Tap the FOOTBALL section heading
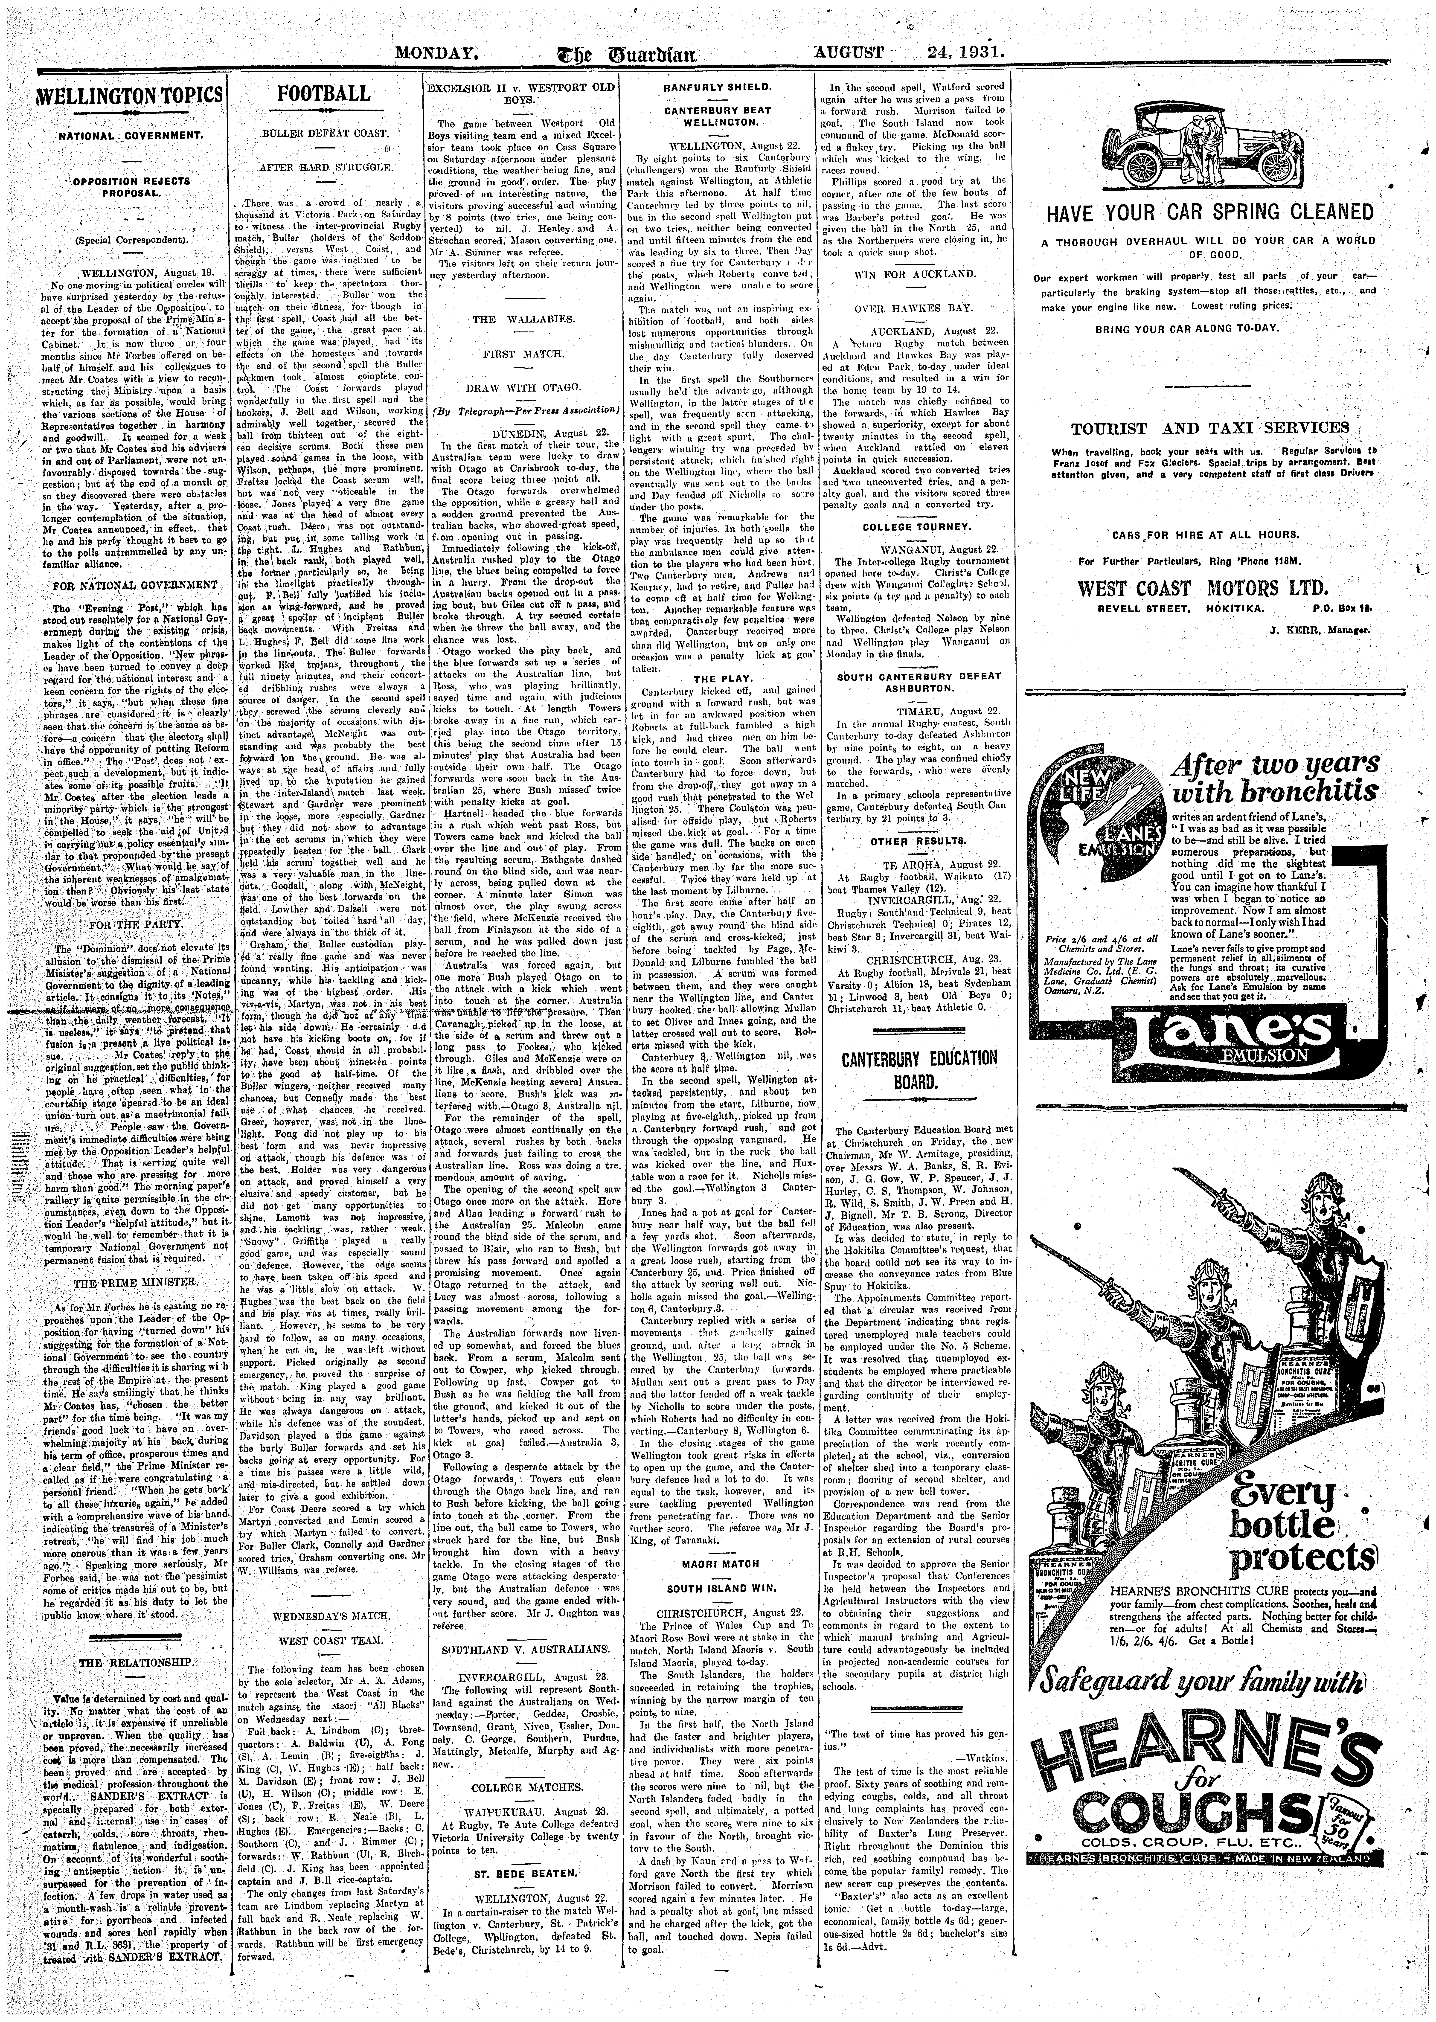pos(324,94)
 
